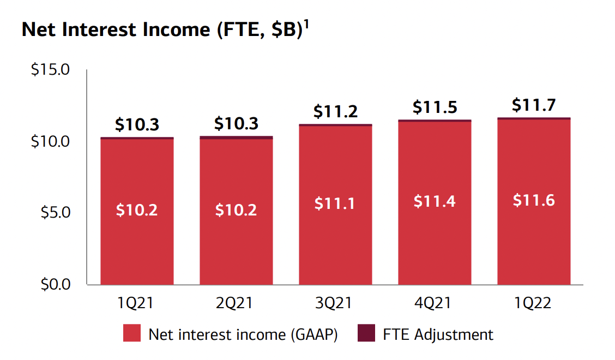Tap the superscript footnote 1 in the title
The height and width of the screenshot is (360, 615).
click(306, 24)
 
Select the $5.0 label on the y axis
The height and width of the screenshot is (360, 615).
click(57, 212)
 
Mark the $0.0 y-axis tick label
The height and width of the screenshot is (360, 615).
click(57, 284)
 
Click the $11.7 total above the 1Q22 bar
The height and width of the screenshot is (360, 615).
click(534, 105)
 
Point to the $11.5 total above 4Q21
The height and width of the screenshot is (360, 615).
click(435, 107)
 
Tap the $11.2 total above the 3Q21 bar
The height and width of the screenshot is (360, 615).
click(335, 112)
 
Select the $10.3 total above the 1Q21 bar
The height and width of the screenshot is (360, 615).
click(137, 124)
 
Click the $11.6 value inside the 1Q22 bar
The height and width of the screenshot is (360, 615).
click(534, 200)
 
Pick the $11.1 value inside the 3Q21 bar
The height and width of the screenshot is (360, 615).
click(335, 203)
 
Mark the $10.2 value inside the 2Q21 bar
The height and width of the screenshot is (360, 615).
click(236, 209)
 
